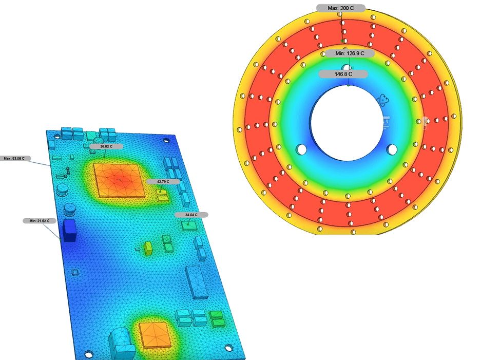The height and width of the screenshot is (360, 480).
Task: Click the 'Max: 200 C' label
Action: pyautogui.click(x=341, y=8)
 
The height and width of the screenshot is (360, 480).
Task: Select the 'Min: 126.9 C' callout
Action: pyautogui.click(x=350, y=53)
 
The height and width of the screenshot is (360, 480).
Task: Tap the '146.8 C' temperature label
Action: pyautogui.click(x=343, y=74)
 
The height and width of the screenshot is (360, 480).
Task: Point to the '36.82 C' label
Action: pyautogui.click(x=106, y=147)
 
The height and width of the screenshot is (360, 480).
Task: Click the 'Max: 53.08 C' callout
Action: pyautogui.click(x=14, y=159)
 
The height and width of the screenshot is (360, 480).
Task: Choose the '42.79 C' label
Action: pyautogui.click(x=163, y=182)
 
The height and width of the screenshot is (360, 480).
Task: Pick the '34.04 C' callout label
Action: pyautogui.click(x=191, y=215)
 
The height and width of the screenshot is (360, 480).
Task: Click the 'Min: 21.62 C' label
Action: pyautogui.click(x=40, y=221)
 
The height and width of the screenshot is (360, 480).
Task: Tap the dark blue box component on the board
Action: pyautogui.click(x=69, y=231)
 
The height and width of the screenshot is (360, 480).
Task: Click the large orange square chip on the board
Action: pyautogui.click(x=120, y=181)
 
